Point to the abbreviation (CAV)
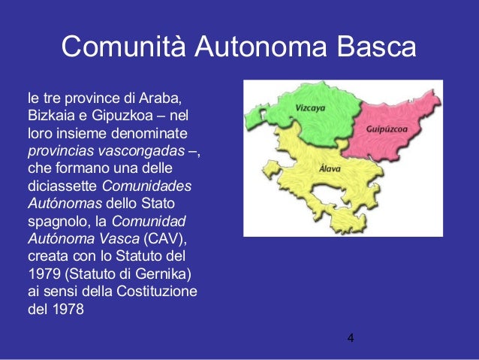(168, 239)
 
